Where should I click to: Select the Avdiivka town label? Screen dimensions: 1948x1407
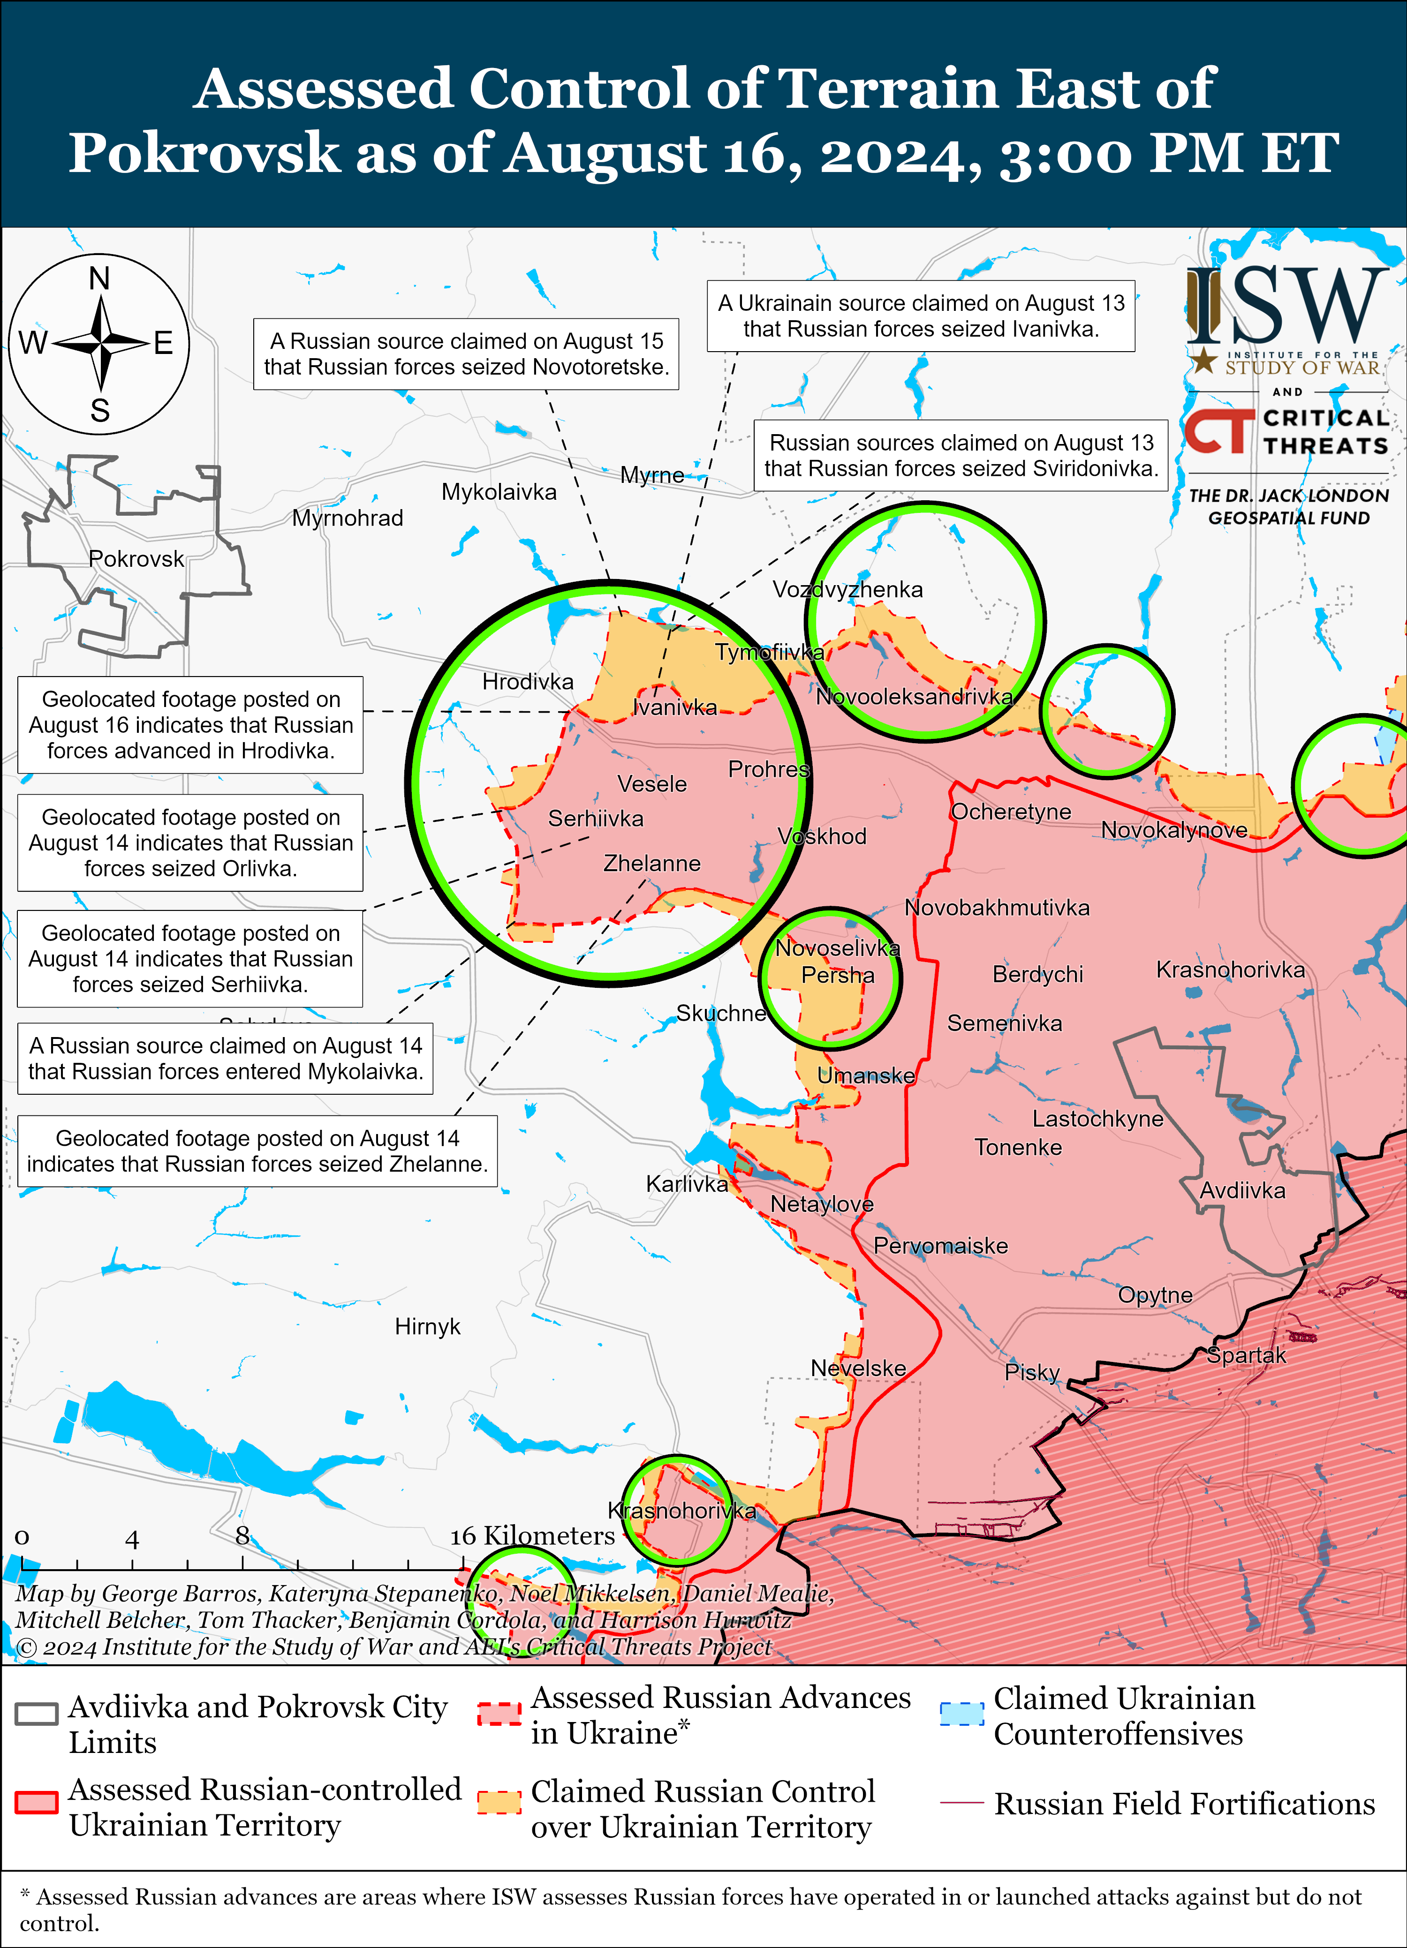[1242, 1190]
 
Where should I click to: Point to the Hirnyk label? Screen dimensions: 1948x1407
[427, 1327]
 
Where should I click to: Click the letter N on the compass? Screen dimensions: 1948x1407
[99, 278]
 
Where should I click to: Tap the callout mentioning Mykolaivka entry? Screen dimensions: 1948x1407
[225, 1058]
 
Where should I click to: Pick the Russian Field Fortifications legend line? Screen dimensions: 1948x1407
[961, 1802]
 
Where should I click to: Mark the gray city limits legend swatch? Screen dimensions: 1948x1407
[37, 1714]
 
